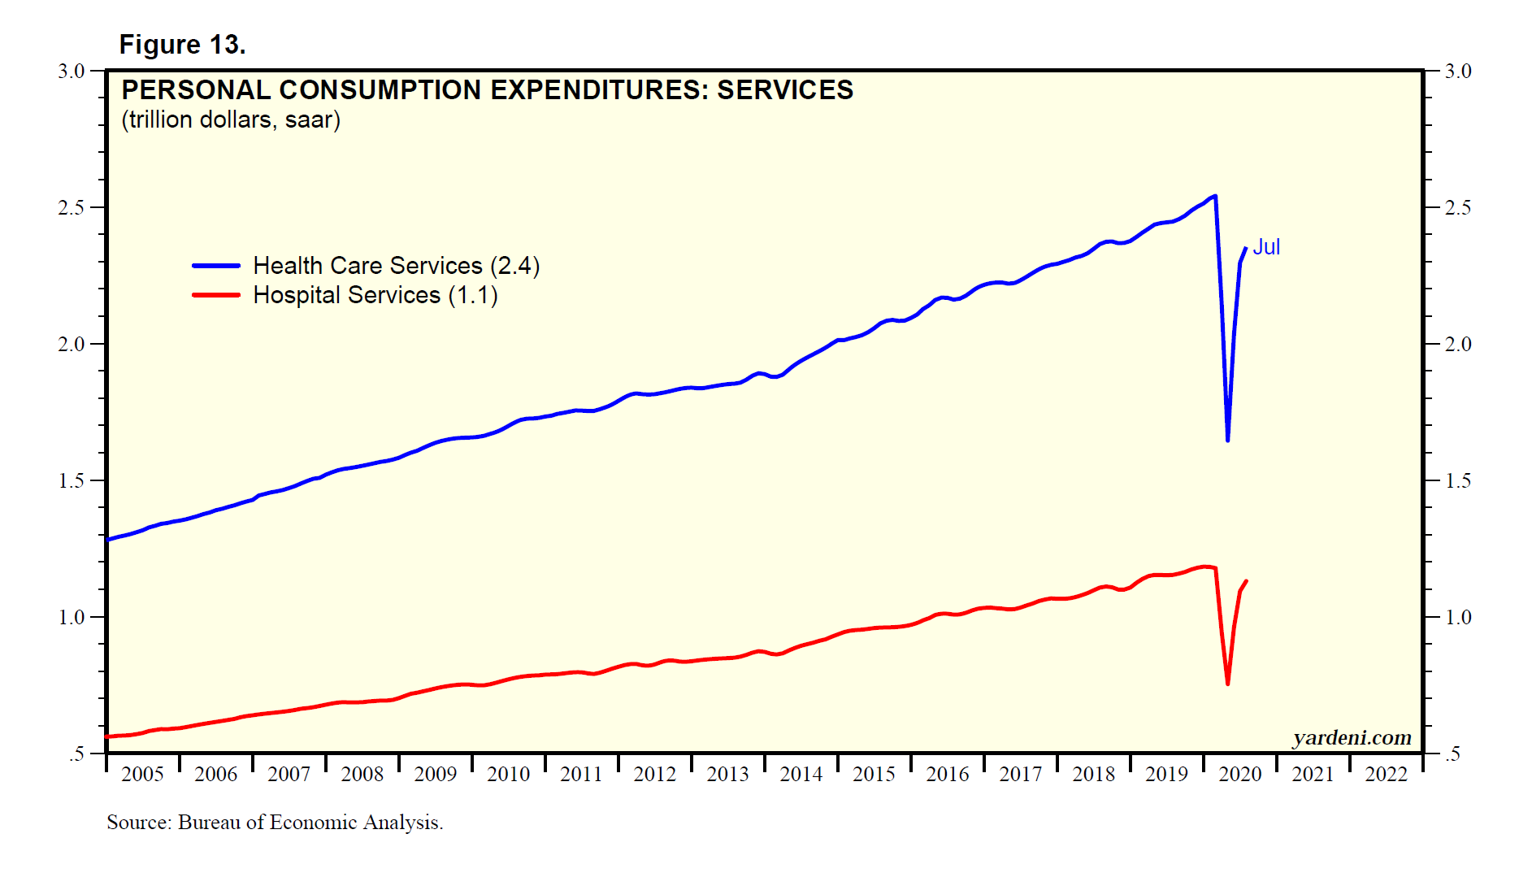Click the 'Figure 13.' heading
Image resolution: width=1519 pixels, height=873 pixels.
click(182, 45)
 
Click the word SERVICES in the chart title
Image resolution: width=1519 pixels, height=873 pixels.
click(784, 89)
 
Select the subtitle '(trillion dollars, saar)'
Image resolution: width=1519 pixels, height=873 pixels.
click(231, 119)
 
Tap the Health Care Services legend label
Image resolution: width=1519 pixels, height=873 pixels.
click(396, 266)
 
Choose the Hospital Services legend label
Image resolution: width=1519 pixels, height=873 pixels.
click(375, 295)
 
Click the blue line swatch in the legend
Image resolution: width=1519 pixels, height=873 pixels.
click(216, 266)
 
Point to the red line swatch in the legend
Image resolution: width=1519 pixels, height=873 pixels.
click(216, 295)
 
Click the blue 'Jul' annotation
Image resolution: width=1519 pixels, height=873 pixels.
click(1266, 247)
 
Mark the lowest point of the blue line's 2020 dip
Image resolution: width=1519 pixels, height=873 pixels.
click(1227, 441)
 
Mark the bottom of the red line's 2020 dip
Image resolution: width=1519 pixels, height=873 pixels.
click(1227, 684)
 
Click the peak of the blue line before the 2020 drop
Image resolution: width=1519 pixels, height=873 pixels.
click(1215, 196)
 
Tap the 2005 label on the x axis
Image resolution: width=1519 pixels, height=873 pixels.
click(142, 774)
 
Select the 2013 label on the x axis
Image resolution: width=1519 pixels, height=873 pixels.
click(727, 774)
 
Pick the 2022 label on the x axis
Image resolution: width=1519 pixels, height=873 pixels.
click(1386, 774)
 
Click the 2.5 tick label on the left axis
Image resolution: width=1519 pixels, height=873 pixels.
click(72, 207)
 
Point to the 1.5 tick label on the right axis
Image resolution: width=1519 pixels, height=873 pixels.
click(1458, 480)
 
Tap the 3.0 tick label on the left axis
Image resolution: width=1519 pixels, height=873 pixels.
click(72, 71)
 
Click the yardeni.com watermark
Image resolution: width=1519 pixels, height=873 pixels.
click(1352, 737)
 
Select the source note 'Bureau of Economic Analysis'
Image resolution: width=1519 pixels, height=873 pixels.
click(310, 823)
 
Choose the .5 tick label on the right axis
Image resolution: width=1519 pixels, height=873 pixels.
click(1453, 754)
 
